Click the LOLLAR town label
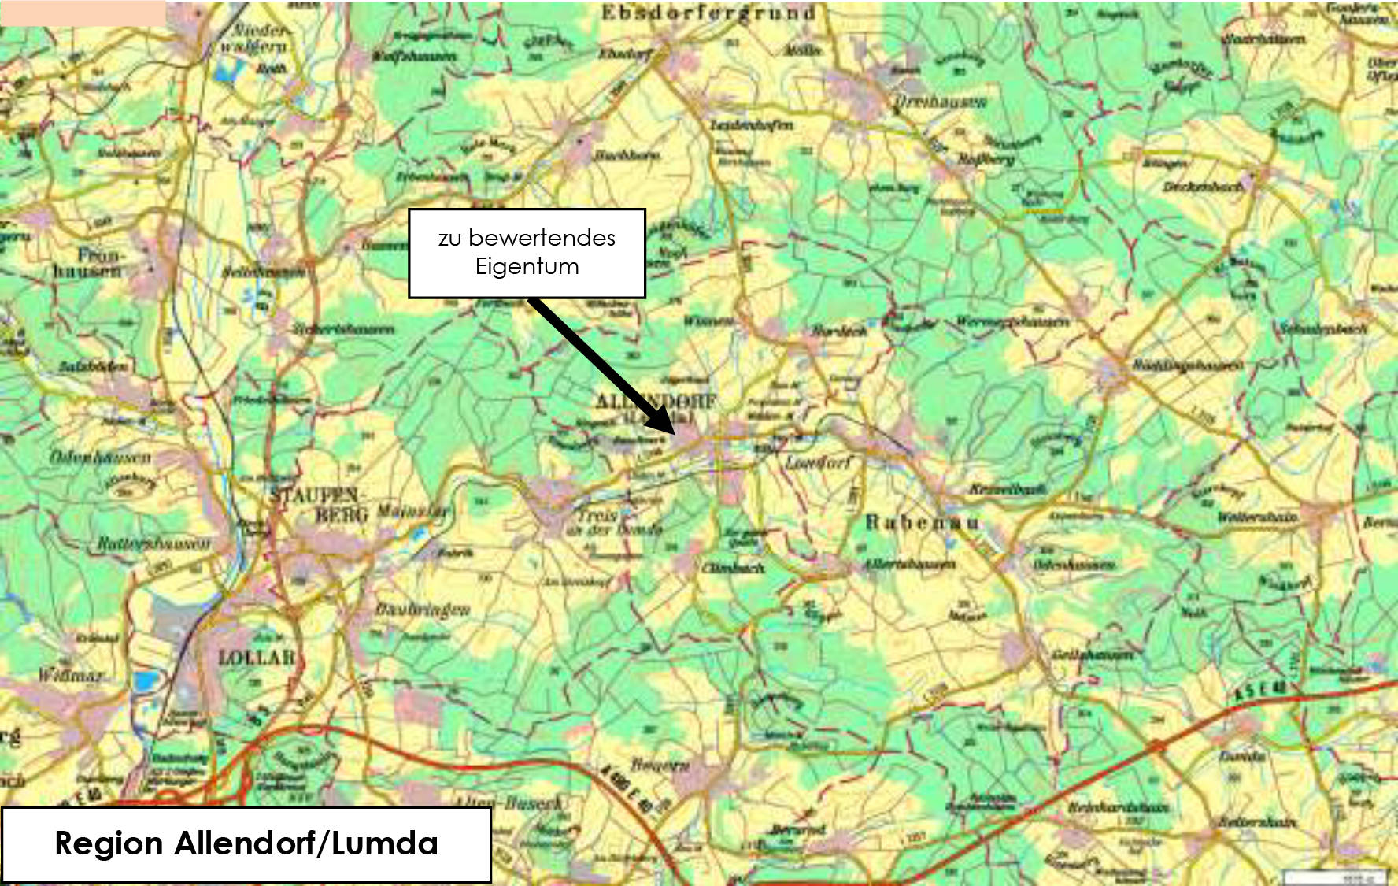256,658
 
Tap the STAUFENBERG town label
318,505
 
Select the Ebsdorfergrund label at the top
708,13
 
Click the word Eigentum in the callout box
527,266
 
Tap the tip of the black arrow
674,432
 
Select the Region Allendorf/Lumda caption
246,843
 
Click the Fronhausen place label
88,263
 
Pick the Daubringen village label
422,609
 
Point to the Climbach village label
733,567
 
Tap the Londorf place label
819,463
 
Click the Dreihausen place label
940,102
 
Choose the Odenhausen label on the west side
100,456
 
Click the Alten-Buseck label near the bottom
510,803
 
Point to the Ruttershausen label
154,543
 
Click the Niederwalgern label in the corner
257,38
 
